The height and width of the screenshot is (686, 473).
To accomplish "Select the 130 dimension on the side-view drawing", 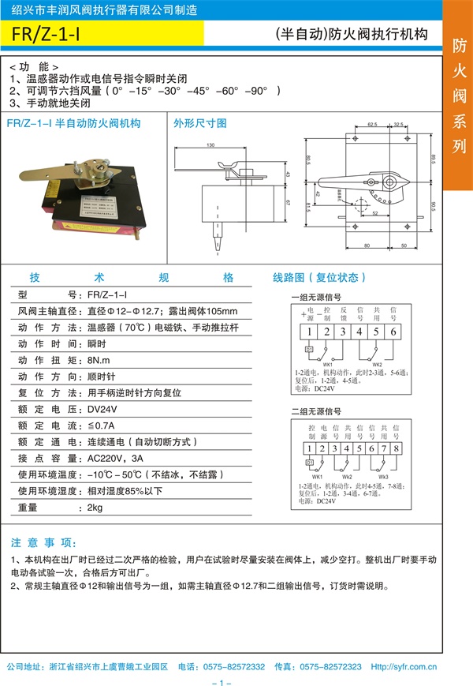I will (x=210, y=145).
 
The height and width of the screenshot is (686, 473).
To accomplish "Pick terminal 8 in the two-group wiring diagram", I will (x=397, y=448).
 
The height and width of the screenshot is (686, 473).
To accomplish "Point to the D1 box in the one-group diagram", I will (x=309, y=349).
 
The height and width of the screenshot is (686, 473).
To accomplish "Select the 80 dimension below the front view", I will (x=368, y=246).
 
